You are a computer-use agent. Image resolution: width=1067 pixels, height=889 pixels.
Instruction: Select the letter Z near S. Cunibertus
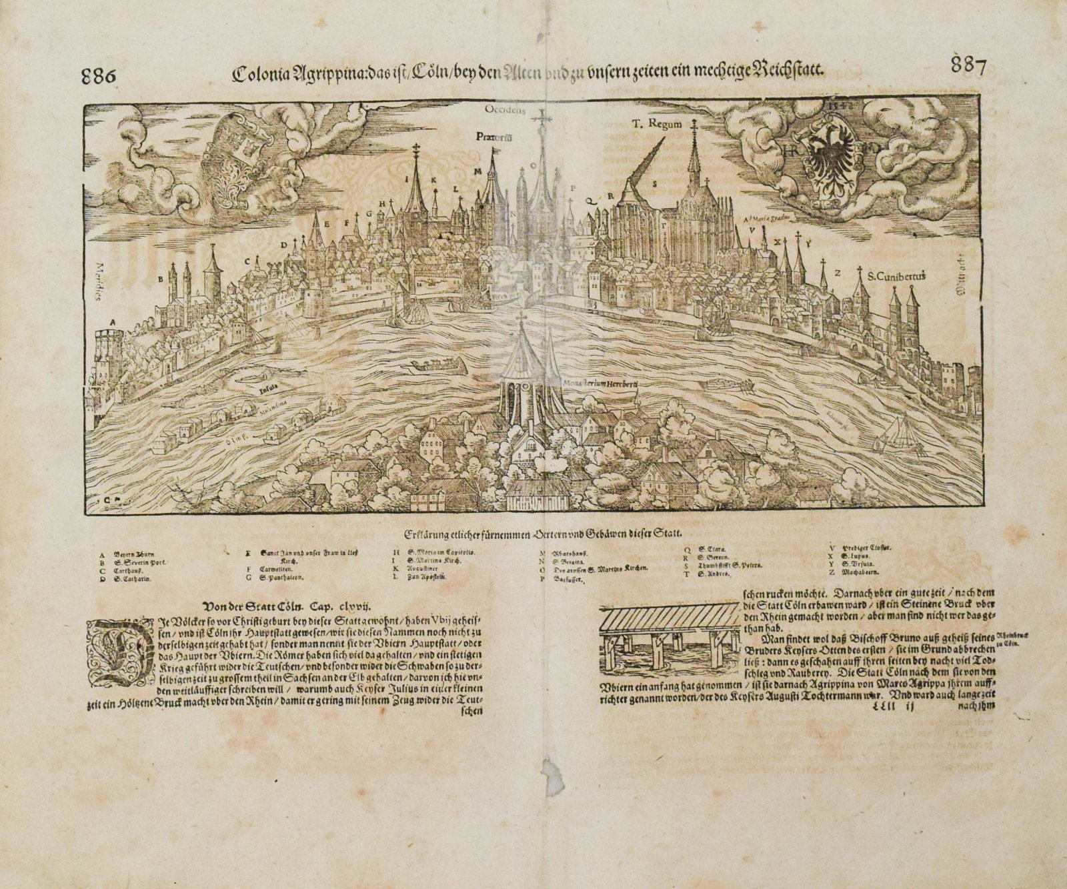[x=838, y=271]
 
